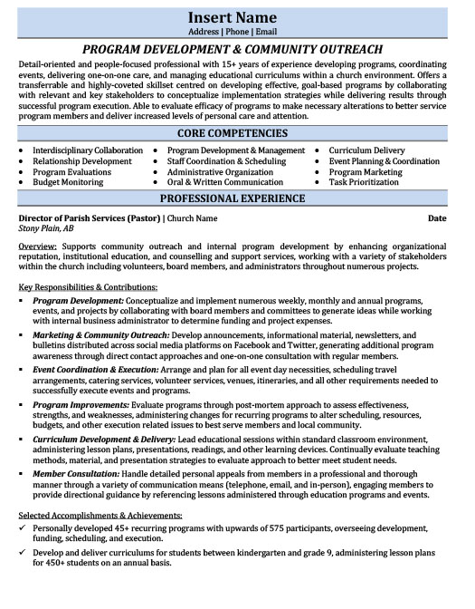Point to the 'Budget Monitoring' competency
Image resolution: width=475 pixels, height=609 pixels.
click(x=70, y=182)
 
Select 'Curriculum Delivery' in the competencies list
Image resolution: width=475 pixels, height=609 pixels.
click(x=366, y=150)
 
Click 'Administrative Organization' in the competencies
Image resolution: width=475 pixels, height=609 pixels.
click(x=220, y=171)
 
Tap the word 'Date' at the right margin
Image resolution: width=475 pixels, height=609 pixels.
click(x=437, y=218)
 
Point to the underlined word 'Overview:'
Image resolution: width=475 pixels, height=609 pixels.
click(x=38, y=246)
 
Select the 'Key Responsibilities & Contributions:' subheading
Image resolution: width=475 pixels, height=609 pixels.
click(x=88, y=286)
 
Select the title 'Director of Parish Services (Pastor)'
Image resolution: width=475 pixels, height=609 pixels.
click(x=89, y=218)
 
